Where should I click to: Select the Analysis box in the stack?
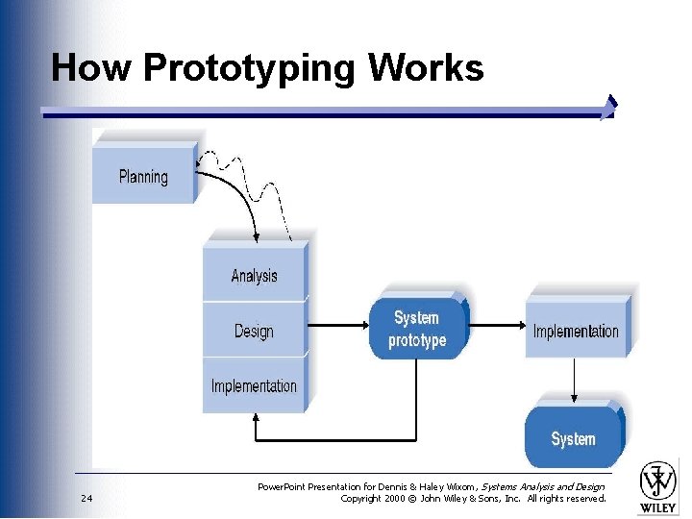[254, 276]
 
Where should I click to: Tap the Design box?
[254, 332]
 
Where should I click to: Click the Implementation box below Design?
[254, 386]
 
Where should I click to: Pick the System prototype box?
[417, 329]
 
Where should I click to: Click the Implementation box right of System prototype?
[576, 332]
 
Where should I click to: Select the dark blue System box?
[573, 439]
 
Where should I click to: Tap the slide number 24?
[86, 499]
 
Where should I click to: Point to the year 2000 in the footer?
[403, 499]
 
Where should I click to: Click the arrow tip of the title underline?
[609, 108]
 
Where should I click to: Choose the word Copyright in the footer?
[363, 499]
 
